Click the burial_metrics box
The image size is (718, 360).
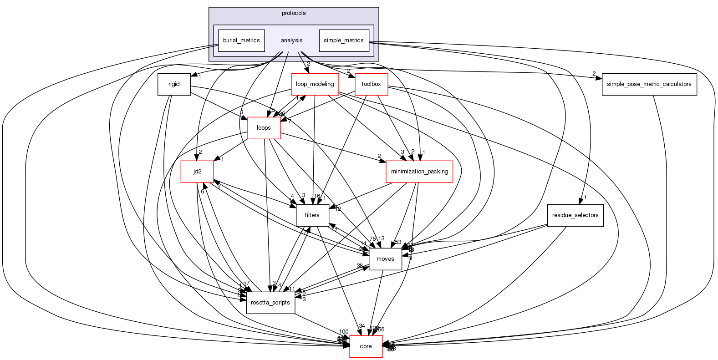(x=241, y=41)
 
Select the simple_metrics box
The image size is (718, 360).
(x=344, y=41)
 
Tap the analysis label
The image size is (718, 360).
(x=292, y=41)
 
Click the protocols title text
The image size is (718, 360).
(x=294, y=13)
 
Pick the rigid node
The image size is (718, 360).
(x=174, y=84)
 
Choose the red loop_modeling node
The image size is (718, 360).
(x=315, y=84)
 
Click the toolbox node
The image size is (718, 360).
(x=371, y=84)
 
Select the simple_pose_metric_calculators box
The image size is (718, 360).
(x=649, y=84)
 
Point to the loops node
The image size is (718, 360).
(x=264, y=128)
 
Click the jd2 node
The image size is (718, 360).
(x=197, y=172)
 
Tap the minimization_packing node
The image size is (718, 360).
(x=419, y=172)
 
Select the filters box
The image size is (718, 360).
(x=312, y=215)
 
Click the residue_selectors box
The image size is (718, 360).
(x=575, y=215)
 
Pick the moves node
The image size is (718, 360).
(x=385, y=259)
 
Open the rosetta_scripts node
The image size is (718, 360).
(x=270, y=303)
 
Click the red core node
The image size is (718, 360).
(x=366, y=346)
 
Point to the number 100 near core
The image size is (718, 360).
(x=344, y=332)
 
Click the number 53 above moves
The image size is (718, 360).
(x=398, y=242)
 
